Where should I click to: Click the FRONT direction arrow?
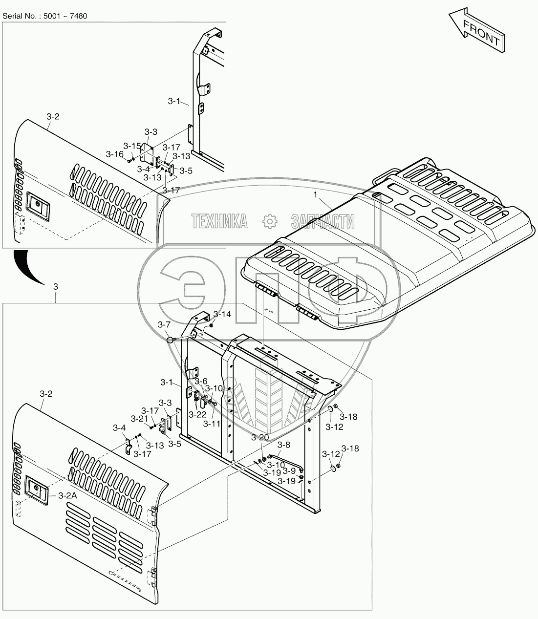coord(477,30)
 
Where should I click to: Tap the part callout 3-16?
coord(115,154)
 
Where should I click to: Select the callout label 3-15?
coord(132,146)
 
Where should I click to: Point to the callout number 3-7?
coord(164,324)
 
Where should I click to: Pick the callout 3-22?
coord(197,414)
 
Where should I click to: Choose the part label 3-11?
coord(212,424)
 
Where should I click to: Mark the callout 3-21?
coord(139,419)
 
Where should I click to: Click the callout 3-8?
coord(284,445)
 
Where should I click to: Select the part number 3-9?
coord(289,470)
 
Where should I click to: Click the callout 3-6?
coord(201,381)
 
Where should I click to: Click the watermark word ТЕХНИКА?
coord(220,221)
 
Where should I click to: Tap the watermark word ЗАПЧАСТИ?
coord(323,221)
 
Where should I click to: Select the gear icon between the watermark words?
coord(269,221)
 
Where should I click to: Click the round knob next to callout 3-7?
coord(170,340)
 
